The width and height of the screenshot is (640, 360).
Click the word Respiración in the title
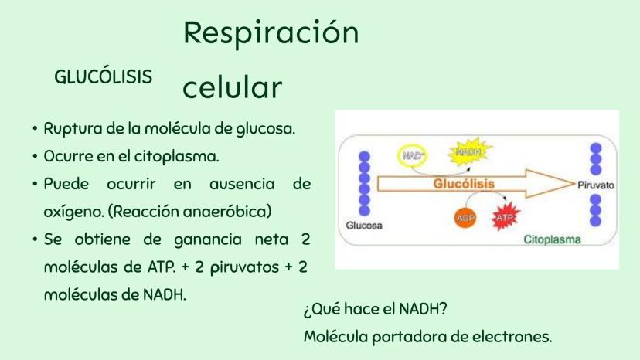coord(271,33)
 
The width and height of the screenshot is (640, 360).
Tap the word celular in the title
coord(232,87)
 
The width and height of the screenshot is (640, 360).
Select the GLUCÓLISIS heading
coord(104,76)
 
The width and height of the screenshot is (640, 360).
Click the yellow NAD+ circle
coord(413,155)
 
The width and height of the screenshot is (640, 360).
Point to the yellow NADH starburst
coord(470,152)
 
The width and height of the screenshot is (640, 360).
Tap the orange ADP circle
coord(465,218)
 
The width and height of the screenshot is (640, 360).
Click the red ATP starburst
coord(506,217)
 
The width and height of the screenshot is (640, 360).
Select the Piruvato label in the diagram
coord(595,185)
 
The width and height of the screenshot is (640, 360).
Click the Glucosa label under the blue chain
coord(364,226)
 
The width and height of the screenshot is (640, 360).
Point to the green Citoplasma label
coord(552,239)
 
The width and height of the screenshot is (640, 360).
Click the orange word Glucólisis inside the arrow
coord(464,184)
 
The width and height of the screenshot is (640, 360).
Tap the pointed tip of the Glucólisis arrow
coord(574,184)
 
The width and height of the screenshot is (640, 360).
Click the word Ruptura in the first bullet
coord(73,129)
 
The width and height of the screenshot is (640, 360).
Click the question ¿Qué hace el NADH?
coord(376,309)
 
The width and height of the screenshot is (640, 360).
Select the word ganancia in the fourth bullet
coord(208,240)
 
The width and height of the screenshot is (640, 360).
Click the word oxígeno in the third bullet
coord(74,212)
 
